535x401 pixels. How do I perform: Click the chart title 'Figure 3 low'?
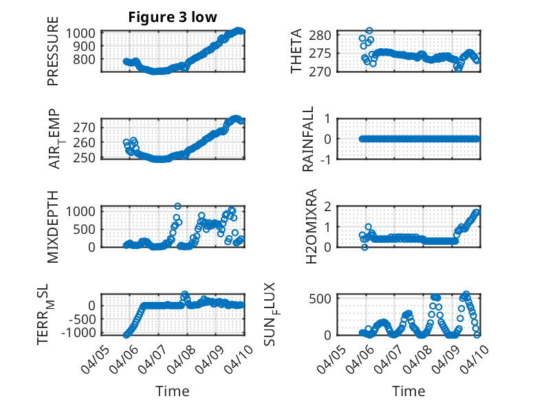click(173, 17)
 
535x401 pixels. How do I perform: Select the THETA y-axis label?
click(296, 52)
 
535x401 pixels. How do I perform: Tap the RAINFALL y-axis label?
click(309, 138)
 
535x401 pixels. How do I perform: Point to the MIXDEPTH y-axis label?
click(53, 226)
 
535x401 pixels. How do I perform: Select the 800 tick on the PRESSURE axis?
click(87, 59)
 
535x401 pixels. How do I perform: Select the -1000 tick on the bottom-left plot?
click(82, 333)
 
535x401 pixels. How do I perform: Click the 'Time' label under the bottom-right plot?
click(408, 391)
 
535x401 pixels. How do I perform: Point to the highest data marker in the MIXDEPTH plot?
click(177, 206)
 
